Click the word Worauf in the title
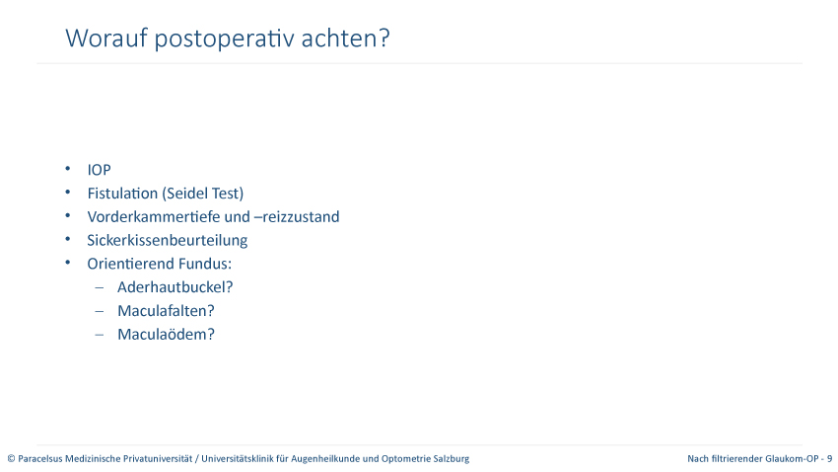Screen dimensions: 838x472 106,38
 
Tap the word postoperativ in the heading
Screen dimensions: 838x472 225,39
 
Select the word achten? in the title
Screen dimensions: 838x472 346,38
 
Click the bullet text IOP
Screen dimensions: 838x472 99,170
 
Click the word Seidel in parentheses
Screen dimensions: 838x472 185,194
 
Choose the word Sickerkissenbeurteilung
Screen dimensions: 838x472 168,240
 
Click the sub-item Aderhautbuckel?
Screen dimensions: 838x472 175,286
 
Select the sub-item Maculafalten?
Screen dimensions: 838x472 166,310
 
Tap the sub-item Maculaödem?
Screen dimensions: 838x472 166,334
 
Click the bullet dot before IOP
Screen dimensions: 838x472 68,169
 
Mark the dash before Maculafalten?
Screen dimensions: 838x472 100,311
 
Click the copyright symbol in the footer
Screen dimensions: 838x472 11,458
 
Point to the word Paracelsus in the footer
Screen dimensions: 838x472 40,458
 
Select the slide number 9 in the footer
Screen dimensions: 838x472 829,458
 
